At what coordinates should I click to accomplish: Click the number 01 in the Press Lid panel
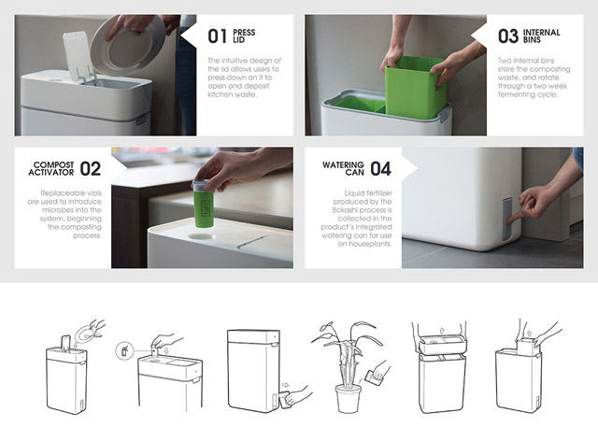[218, 36]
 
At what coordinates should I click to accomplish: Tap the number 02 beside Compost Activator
[91, 169]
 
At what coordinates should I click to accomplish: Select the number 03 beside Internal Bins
[508, 36]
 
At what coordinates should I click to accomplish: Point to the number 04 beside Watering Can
[380, 169]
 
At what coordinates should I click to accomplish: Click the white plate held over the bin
[128, 45]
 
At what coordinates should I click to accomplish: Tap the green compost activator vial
[203, 204]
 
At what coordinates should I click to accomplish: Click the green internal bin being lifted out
[416, 87]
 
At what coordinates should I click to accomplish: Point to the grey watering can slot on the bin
[507, 220]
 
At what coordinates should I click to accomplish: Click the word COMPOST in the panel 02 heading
[54, 165]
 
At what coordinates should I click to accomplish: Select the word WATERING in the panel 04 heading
[343, 165]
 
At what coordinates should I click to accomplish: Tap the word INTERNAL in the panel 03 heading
[542, 33]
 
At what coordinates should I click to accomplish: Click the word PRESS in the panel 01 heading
[244, 33]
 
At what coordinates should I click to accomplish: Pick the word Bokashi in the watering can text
[346, 210]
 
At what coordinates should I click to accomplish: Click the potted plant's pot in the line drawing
[349, 399]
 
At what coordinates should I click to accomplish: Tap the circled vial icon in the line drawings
[124, 350]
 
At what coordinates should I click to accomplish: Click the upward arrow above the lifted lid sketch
[442, 330]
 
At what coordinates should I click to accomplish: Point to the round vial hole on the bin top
[201, 236]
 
